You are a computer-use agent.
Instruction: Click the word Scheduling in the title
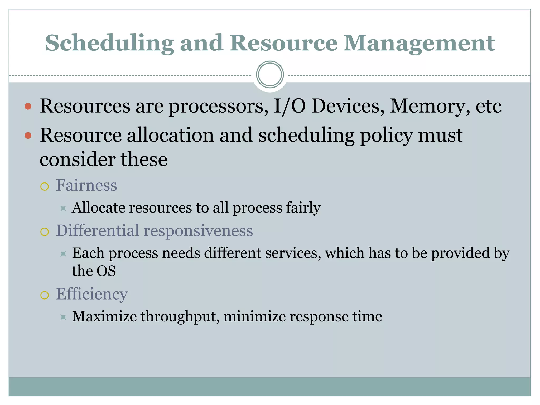coord(109,43)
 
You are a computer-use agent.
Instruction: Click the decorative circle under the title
coord(270,75)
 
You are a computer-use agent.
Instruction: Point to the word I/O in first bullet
coord(290,106)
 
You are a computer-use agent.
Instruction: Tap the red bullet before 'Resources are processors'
coord(28,107)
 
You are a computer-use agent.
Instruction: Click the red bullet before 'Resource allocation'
coord(28,136)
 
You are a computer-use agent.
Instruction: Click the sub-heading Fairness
coord(86,185)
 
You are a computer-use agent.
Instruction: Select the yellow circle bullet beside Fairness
coord(45,186)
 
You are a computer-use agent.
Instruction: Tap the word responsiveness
coord(198,231)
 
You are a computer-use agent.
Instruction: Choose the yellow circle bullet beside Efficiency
coord(45,295)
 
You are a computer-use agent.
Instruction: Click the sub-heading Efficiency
coord(92,294)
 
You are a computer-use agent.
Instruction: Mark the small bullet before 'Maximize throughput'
coord(63,317)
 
